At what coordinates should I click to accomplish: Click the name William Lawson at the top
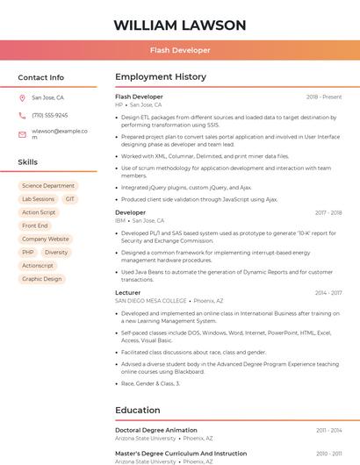(180, 25)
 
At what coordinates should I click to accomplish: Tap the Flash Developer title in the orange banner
(180, 50)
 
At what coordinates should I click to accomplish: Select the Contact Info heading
(41, 77)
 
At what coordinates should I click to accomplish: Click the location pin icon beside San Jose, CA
(22, 98)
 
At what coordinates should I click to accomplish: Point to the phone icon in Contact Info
(22, 115)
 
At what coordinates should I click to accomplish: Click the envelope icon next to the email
(22, 133)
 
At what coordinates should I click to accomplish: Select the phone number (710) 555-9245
(49, 115)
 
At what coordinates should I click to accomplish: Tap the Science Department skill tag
(48, 186)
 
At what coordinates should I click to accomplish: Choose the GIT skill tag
(70, 199)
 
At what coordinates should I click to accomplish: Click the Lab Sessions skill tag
(38, 199)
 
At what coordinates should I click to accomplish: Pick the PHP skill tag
(28, 252)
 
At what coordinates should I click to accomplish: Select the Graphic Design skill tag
(41, 279)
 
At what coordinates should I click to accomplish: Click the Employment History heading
(161, 77)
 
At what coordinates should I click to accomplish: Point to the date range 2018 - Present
(324, 97)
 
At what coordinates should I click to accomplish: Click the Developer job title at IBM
(130, 212)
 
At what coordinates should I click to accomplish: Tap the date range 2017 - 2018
(328, 212)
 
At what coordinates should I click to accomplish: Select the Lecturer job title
(127, 292)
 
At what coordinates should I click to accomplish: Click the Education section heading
(138, 410)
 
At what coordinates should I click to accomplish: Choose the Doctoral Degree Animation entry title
(156, 430)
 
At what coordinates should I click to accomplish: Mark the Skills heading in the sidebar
(28, 162)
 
